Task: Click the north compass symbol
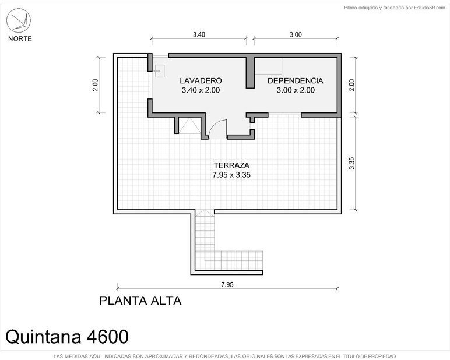(19, 20)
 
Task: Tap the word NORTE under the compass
(20, 38)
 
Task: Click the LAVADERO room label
(201, 80)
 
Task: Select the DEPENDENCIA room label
(296, 80)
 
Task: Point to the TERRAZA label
(231, 165)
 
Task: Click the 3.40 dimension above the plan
(199, 35)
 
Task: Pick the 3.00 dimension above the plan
(296, 35)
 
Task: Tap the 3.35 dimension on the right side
(352, 163)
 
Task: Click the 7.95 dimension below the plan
(227, 284)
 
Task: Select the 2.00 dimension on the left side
(95, 85)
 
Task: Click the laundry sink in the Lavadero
(160, 71)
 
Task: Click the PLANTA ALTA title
(140, 301)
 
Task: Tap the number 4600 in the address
(107, 337)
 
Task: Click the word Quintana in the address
(43, 337)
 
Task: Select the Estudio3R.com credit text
(430, 8)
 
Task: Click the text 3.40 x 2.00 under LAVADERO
(201, 90)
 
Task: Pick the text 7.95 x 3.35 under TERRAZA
(231, 175)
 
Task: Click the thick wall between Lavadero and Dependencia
(250, 72)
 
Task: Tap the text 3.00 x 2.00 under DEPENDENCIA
(296, 90)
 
